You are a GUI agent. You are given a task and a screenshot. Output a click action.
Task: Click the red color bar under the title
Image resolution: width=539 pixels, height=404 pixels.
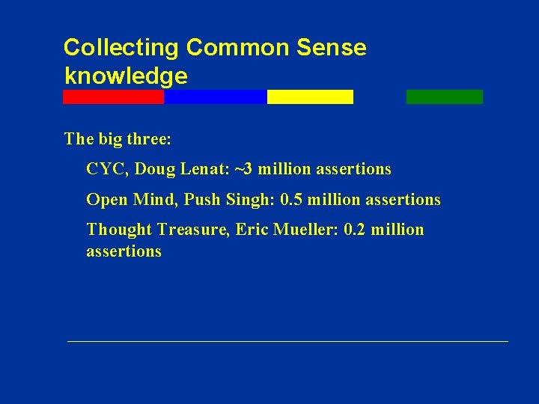point(113,97)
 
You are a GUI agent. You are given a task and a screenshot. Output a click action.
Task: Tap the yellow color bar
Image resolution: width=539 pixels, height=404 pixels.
point(310,97)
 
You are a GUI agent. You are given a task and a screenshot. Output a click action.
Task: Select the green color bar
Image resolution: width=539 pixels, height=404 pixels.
point(445,97)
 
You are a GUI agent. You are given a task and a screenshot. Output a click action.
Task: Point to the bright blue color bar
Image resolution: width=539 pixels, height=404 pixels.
point(215,97)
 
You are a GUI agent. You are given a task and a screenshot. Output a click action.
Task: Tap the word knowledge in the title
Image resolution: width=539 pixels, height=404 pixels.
point(126,76)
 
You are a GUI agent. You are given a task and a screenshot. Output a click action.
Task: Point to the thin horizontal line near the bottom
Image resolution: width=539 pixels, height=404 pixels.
point(287,341)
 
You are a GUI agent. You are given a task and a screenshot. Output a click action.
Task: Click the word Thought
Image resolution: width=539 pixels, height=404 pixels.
point(120,230)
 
